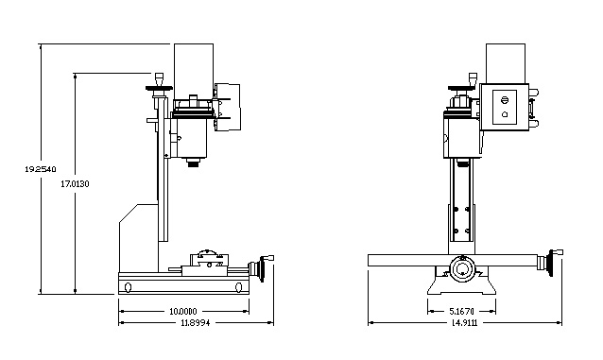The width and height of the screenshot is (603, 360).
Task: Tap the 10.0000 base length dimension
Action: tap(184, 310)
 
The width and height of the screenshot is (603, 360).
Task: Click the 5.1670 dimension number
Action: tap(463, 310)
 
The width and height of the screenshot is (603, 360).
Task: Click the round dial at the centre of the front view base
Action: tap(462, 270)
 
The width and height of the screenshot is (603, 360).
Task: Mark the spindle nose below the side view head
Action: tap(195, 163)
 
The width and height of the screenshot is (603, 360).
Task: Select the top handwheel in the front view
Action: tap(461, 91)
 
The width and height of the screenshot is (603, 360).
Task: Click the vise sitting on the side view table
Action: tap(210, 261)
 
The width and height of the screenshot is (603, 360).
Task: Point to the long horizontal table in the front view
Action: tap(454, 259)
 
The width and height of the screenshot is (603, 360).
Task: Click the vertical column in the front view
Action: tap(462, 203)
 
